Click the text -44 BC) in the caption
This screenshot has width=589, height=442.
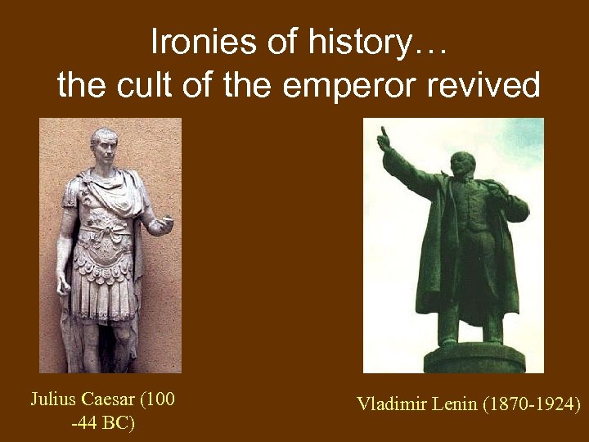click(103, 423)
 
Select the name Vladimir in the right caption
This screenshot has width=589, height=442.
click(389, 404)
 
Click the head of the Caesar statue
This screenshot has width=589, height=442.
click(104, 143)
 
